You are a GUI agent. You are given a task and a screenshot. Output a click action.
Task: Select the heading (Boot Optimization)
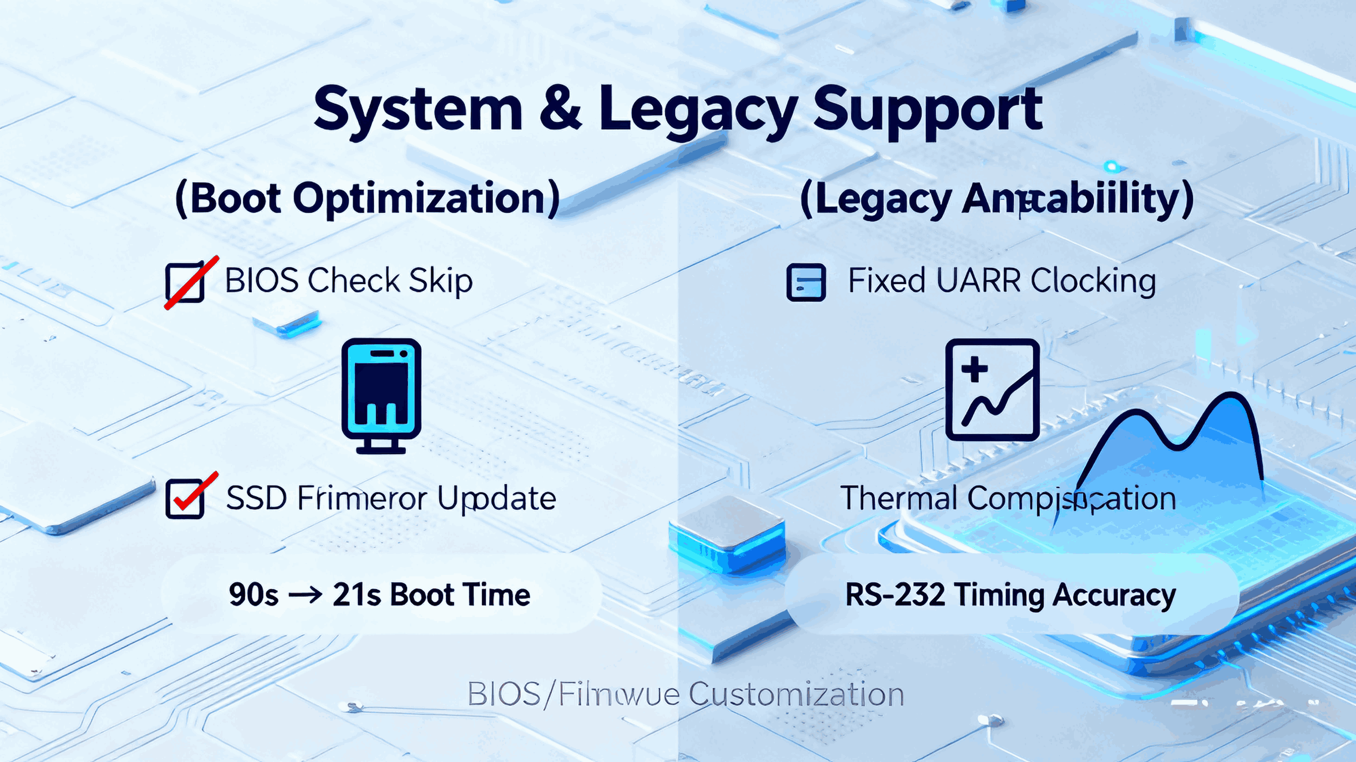pos(368,199)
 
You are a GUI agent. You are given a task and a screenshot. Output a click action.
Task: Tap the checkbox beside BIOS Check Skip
pos(185,282)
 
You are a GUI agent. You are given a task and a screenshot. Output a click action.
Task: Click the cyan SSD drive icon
pos(381,395)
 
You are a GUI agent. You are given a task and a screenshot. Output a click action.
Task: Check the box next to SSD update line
pos(185,498)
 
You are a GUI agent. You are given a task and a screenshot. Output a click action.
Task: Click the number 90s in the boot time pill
pos(253,595)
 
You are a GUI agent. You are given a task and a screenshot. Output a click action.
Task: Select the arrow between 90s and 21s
pos(305,595)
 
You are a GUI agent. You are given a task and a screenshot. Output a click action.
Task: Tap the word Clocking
pos(1093,281)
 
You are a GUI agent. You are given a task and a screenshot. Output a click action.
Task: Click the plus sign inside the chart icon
pos(975,369)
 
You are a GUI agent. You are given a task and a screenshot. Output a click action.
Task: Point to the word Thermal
pos(898,498)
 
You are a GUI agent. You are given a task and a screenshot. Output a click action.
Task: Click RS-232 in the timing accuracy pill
pos(895,595)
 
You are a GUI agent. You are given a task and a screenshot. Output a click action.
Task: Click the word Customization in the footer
pos(796,694)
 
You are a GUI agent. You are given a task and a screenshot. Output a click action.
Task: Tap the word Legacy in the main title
pos(697,112)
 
